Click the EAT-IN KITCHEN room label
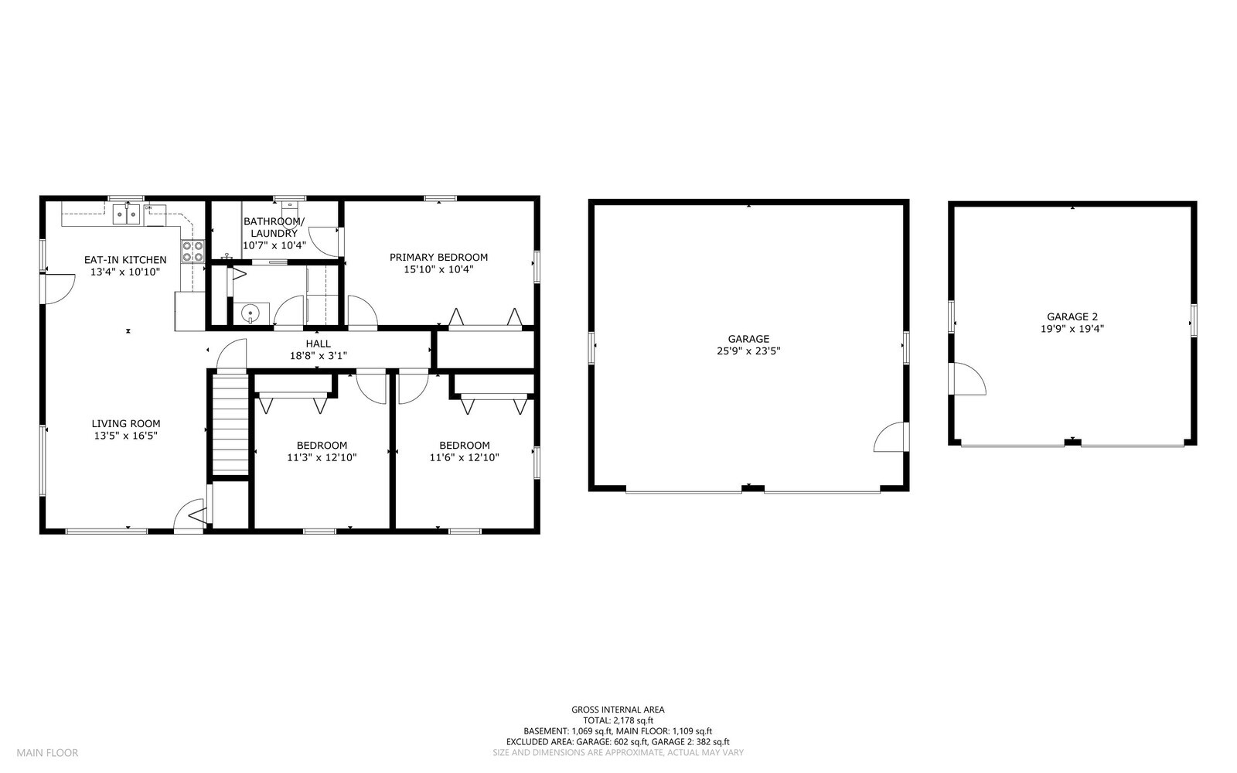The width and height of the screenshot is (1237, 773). pyautogui.click(x=125, y=260)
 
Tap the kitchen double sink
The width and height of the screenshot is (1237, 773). pyautogui.click(x=128, y=214)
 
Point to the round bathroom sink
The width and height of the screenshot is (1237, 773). pyautogui.click(x=249, y=313)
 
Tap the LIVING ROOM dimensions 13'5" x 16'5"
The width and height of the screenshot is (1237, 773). pyautogui.click(x=126, y=436)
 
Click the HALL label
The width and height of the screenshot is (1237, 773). pyautogui.click(x=318, y=344)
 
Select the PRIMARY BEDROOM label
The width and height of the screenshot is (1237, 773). pyautogui.click(x=438, y=258)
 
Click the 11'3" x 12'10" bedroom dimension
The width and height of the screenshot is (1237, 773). pyautogui.click(x=322, y=457)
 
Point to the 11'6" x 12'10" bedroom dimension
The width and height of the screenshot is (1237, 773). pyautogui.click(x=464, y=457)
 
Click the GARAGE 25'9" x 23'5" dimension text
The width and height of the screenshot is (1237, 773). pyautogui.click(x=748, y=351)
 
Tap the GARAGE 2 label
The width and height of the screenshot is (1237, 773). pyautogui.click(x=1072, y=316)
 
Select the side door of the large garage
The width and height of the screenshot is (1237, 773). pyautogui.click(x=890, y=438)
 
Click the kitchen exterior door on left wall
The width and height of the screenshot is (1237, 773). pyautogui.click(x=59, y=287)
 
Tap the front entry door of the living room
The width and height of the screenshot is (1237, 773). pyautogui.click(x=189, y=516)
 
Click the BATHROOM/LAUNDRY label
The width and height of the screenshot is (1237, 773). pyautogui.click(x=274, y=227)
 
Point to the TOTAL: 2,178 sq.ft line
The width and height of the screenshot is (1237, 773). pyautogui.click(x=618, y=720)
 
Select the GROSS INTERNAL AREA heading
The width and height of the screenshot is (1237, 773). pyautogui.click(x=618, y=709)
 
